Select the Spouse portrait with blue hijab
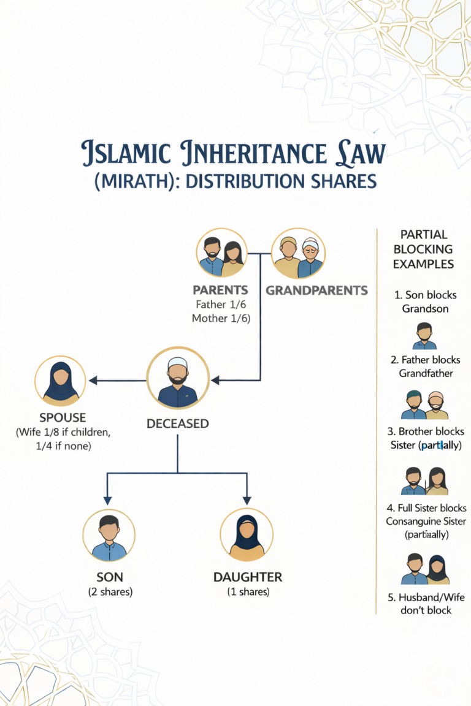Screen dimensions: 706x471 [x=60, y=381]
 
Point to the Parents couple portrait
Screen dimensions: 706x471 [x=221, y=253]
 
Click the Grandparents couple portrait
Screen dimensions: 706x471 [x=298, y=253]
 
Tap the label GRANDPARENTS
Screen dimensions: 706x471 [x=316, y=290]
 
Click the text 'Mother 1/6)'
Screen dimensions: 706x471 [x=221, y=318]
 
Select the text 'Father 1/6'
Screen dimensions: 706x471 [x=221, y=304]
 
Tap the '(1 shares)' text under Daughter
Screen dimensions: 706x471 [x=247, y=592]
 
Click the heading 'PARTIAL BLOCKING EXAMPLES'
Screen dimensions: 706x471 [x=423, y=249]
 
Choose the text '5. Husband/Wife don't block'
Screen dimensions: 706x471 [x=425, y=603]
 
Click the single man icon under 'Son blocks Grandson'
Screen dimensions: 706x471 [x=424, y=335]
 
